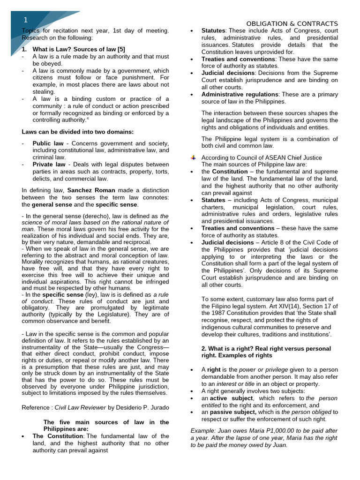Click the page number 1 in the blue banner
tap(26, 20)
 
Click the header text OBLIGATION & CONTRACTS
tap(292, 23)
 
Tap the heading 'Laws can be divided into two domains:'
tap(78, 132)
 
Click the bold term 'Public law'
tap(48, 143)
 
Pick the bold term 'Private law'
tap(49, 165)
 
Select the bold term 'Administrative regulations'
tap(240, 94)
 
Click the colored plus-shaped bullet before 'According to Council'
tap(194, 157)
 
